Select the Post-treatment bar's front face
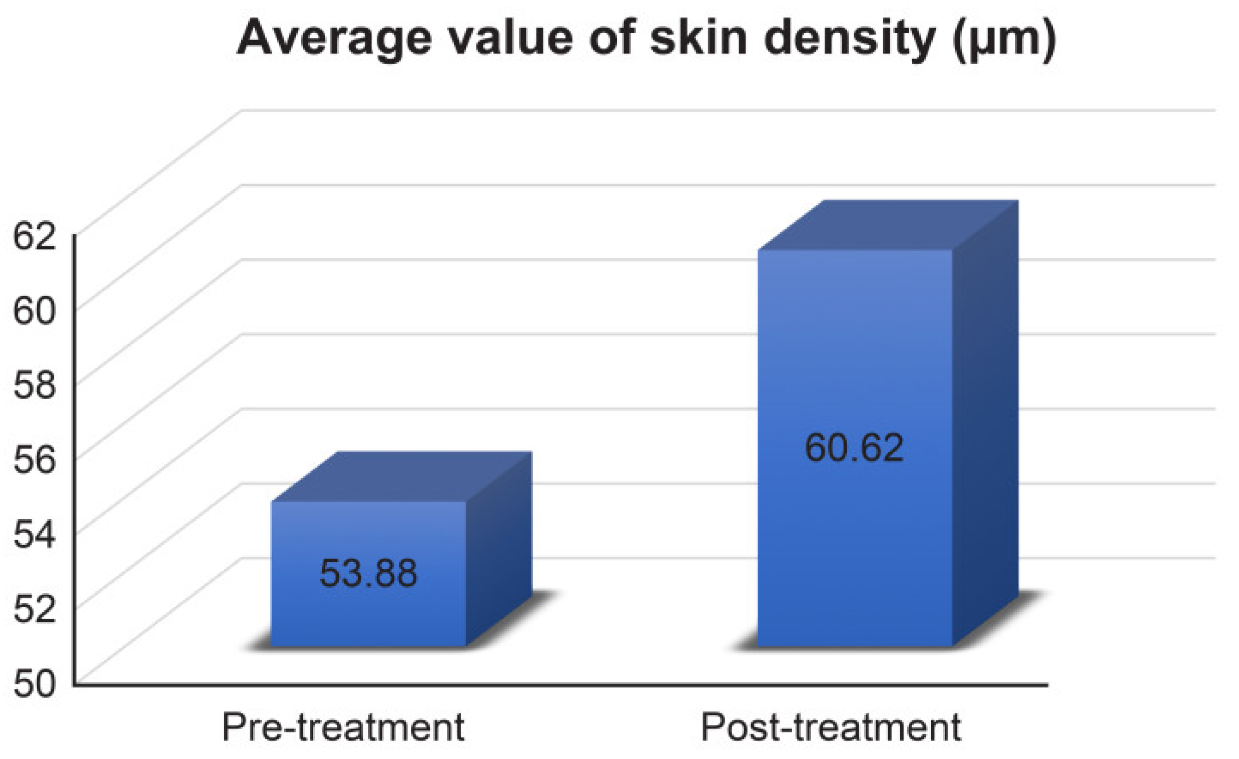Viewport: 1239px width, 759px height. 855,528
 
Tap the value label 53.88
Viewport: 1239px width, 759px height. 369,573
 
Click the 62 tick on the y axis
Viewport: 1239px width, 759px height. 33,236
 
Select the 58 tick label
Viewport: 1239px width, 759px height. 33,387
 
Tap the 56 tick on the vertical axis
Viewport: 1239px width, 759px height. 33,461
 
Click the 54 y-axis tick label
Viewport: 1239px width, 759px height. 33,536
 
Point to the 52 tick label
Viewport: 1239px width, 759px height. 33,610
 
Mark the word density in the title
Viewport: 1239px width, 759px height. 849,39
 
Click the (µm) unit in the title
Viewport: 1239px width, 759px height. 1004,39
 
